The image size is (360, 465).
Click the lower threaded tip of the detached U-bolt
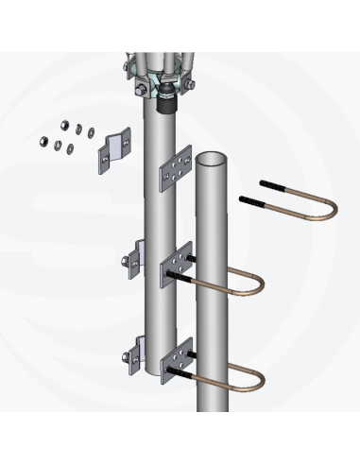[x=249, y=200]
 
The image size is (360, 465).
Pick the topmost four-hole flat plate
[x=174, y=169]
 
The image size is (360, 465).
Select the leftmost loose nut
[x=44, y=143]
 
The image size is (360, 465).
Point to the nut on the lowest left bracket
[x=126, y=358]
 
